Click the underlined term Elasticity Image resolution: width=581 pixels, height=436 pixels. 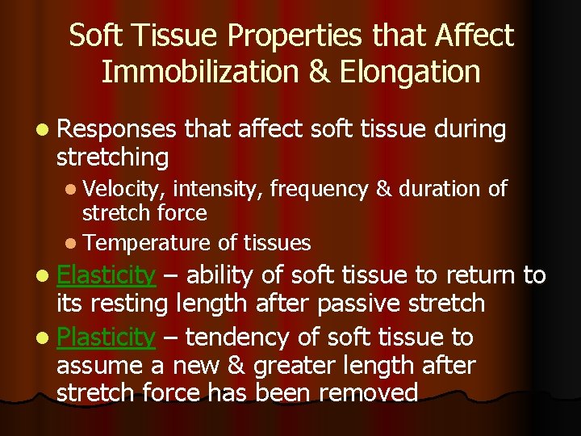point(106,276)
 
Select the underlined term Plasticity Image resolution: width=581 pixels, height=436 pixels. point(105,337)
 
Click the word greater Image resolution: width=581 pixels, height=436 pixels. point(303,366)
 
